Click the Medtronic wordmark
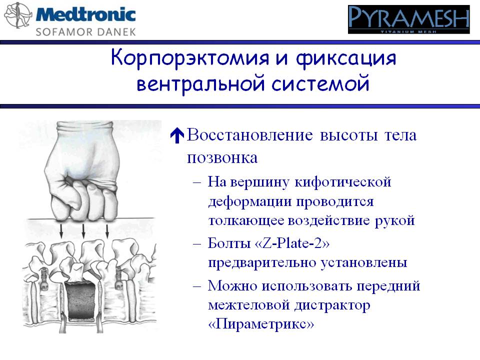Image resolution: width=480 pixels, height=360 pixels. pyautogui.click(x=86, y=14)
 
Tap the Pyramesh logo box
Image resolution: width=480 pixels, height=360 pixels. pyautogui.click(x=408, y=19)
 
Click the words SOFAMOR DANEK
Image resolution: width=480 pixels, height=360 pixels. pyautogui.click(x=85, y=32)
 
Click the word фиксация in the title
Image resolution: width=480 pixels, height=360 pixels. pyautogui.click(x=346, y=58)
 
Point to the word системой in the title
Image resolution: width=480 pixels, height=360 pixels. pyautogui.click(x=320, y=83)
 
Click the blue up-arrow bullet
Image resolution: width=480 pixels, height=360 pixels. pyautogui.click(x=177, y=135)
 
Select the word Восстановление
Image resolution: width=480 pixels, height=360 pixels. pyautogui.click(x=250, y=134)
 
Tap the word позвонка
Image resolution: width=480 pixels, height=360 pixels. pyautogui.click(x=222, y=158)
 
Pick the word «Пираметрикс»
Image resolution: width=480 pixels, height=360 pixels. pyautogui.click(x=261, y=323)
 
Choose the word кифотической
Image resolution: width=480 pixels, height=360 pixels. pyautogui.click(x=343, y=182)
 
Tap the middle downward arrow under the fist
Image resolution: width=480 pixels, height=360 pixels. pyautogui.click(x=83, y=231)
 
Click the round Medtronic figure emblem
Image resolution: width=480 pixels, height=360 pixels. pyautogui.click(x=18, y=15)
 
